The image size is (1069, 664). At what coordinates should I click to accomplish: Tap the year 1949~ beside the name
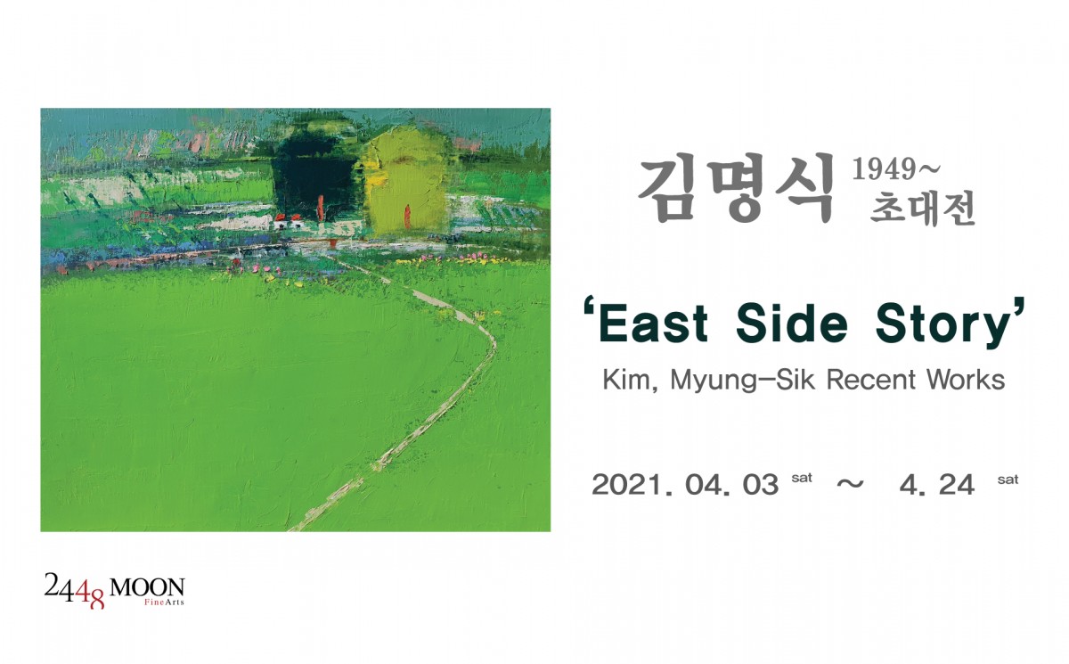coord(896,169)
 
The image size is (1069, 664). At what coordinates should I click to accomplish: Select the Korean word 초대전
coord(922,208)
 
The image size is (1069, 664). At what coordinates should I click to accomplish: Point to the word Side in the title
coord(792,323)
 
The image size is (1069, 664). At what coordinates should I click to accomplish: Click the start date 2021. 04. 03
coord(685,485)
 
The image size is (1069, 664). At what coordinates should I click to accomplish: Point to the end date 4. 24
coord(937,485)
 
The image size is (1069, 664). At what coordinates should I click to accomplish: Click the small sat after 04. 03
coord(802,479)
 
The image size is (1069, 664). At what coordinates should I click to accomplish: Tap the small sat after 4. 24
coord(1008,480)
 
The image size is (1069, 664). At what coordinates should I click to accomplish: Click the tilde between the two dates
coord(851,484)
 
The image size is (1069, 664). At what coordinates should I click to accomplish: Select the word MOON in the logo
coord(147,586)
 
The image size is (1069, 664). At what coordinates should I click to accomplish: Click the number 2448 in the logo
coord(74,591)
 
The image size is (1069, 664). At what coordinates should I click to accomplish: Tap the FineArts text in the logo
coord(164,603)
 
